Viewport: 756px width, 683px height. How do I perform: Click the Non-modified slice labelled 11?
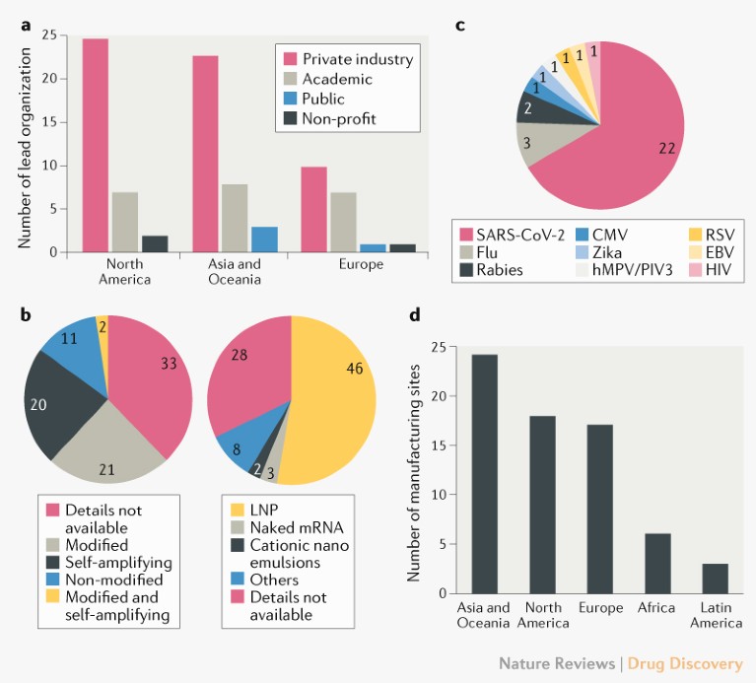(x=73, y=338)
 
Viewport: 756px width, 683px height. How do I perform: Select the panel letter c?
(x=460, y=24)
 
